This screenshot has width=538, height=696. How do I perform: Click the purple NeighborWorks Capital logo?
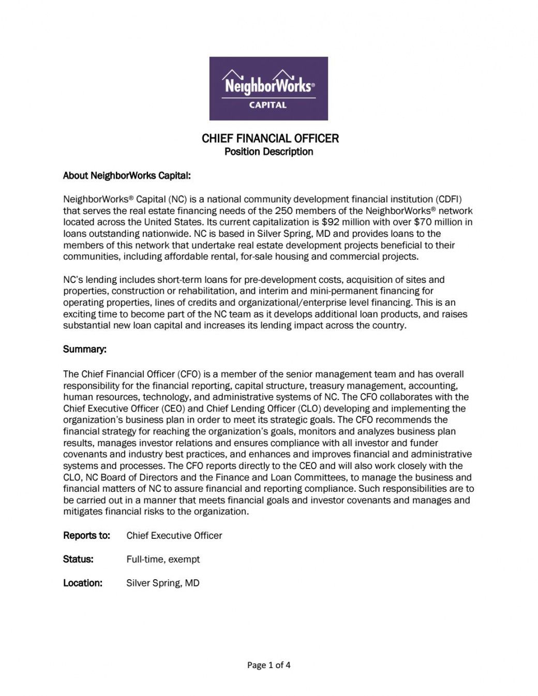[268, 88]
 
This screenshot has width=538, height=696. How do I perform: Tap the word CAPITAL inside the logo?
[268, 104]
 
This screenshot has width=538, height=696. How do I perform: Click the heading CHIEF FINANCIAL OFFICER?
[270, 138]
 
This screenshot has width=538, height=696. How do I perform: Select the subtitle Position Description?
[268, 152]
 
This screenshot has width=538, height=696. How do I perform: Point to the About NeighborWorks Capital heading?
[127, 176]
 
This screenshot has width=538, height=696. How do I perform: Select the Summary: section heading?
[85, 350]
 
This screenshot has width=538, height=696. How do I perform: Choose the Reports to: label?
[86, 536]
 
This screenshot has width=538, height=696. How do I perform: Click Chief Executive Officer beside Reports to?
[174, 536]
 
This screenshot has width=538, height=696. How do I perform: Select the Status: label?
[78, 559]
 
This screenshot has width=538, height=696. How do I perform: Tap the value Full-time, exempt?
[163, 559]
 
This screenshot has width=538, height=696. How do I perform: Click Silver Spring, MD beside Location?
[163, 583]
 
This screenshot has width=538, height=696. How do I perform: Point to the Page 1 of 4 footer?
[268, 665]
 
